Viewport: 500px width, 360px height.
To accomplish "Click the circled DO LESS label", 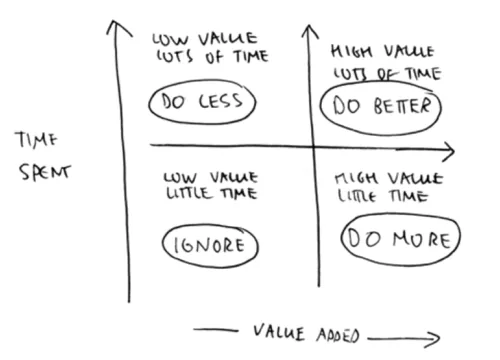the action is pyautogui.click(x=202, y=101).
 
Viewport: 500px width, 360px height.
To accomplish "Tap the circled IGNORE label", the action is pyautogui.click(x=210, y=245).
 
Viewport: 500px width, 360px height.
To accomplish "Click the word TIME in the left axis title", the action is pyautogui.click(x=36, y=139).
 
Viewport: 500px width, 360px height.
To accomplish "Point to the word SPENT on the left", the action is pyautogui.click(x=45, y=172).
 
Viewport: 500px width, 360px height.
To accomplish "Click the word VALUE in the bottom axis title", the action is pyautogui.click(x=279, y=332).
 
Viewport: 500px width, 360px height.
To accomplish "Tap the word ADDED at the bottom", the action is pyautogui.click(x=338, y=335).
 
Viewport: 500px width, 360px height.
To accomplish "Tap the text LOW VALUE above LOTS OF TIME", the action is pyautogui.click(x=205, y=39).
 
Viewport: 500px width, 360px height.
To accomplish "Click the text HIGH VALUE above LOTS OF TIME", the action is pyautogui.click(x=382, y=52).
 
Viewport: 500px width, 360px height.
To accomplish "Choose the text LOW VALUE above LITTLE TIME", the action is pyautogui.click(x=210, y=177).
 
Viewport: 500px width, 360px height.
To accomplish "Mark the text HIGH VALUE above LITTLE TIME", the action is pyautogui.click(x=389, y=178).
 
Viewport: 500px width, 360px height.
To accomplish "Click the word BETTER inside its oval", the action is pyautogui.click(x=402, y=106).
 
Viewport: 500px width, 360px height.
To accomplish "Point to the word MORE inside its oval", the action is pyautogui.click(x=422, y=239).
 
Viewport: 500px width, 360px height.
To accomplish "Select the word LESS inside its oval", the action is pyautogui.click(x=220, y=101).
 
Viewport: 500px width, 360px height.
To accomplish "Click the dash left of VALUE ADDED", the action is pyautogui.click(x=216, y=330).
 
